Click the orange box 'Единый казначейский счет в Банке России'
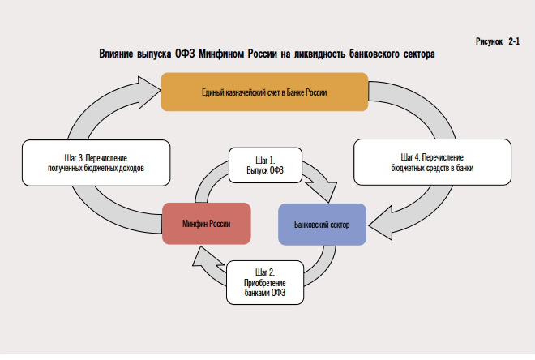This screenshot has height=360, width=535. (265, 92)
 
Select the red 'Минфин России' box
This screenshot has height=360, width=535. (205, 222)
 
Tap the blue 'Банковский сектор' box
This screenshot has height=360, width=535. (322, 222)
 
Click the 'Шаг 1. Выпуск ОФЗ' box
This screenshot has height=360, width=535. (266, 166)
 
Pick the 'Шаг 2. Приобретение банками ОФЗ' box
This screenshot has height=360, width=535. (266, 281)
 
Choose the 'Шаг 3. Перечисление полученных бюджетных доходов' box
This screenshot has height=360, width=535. (96, 161)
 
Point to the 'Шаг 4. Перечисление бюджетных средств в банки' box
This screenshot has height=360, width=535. (432, 161)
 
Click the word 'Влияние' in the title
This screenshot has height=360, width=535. (117, 54)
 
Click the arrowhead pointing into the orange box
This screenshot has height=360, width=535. (148, 92)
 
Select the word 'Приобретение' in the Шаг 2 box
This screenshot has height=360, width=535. (266, 281)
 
